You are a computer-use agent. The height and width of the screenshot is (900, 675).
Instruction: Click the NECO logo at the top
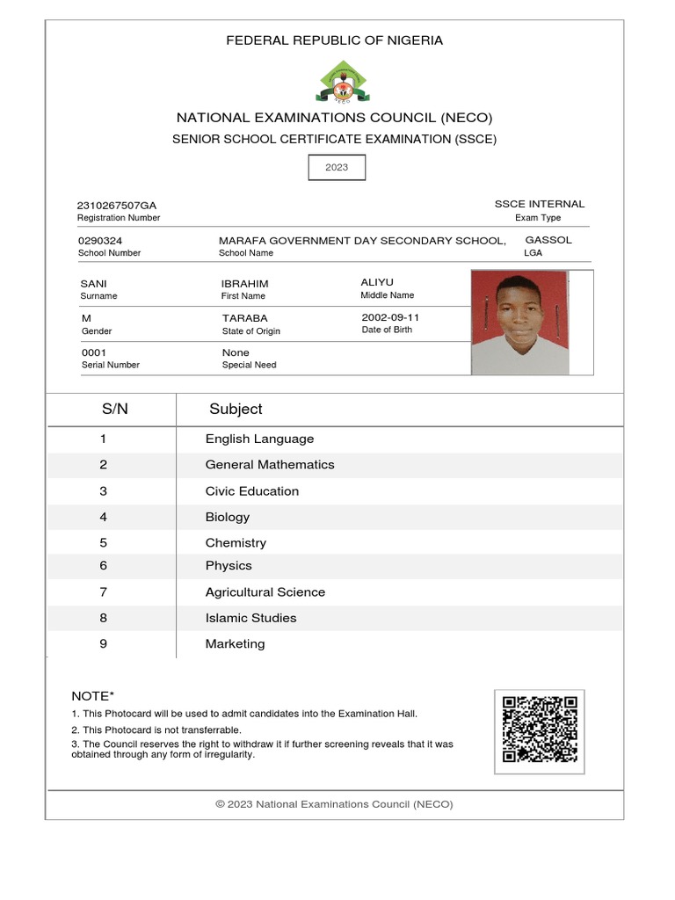click(343, 82)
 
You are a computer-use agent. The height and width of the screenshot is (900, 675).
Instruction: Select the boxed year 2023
click(337, 167)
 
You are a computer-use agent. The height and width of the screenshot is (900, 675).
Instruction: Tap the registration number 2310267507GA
click(117, 206)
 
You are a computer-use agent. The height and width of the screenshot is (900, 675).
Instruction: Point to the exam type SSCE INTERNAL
click(539, 204)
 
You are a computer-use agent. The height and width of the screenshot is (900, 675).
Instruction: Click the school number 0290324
click(100, 241)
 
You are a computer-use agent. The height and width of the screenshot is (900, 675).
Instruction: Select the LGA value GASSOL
click(548, 240)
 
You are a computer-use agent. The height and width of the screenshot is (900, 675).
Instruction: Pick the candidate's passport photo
click(520, 323)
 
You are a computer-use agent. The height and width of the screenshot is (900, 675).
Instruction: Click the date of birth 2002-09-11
click(390, 317)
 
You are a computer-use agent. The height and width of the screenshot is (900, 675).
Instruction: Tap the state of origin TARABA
click(245, 318)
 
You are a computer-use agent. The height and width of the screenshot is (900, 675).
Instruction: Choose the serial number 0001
click(93, 352)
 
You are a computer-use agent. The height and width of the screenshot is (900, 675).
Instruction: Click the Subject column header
click(236, 409)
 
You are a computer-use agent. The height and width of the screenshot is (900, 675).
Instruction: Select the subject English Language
click(259, 439)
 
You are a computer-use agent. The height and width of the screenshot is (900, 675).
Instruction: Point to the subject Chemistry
click(236, 543)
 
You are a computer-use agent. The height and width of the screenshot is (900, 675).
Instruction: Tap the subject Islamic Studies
click(250, 618)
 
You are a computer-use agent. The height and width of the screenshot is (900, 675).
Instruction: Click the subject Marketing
click(235, 644)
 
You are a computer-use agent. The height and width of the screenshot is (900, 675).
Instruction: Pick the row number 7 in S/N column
click(103, 592)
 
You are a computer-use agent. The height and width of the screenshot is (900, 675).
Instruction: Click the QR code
click(540, 729)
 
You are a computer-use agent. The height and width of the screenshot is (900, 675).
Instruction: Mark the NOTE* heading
click(93, 696)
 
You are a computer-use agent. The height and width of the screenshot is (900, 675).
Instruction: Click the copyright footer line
click(334, 804)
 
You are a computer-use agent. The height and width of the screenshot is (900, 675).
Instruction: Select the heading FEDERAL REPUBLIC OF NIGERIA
click(335, 40)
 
